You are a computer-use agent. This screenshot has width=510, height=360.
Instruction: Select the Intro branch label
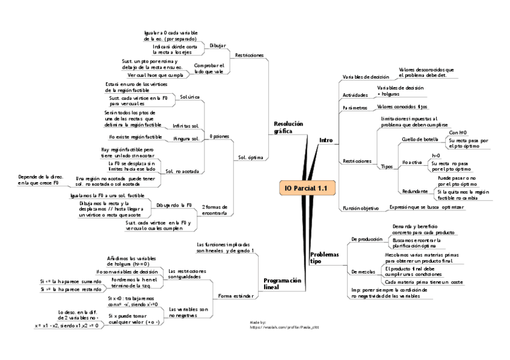325,140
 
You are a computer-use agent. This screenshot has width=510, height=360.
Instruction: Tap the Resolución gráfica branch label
288,127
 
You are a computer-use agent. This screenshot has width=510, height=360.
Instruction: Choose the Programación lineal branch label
282,284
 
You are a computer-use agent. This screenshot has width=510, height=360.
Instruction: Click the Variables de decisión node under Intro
366,78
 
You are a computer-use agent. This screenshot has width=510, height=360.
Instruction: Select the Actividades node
355,95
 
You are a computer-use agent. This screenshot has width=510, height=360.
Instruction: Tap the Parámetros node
355,108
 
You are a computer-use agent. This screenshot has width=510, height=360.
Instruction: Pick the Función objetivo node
361,208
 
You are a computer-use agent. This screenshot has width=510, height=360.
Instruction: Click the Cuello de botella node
420,139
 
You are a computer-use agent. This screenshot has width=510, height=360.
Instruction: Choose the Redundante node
416,191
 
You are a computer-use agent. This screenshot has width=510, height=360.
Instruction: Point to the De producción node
366,239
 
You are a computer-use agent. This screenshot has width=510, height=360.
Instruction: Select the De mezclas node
362,272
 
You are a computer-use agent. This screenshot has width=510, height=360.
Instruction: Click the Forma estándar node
235,296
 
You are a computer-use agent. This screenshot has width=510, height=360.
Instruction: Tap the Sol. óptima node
250,158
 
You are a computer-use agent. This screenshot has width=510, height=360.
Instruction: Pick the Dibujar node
218,46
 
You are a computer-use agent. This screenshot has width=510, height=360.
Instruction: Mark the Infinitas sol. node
185,126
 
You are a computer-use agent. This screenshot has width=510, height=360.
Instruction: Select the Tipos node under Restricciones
387,166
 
